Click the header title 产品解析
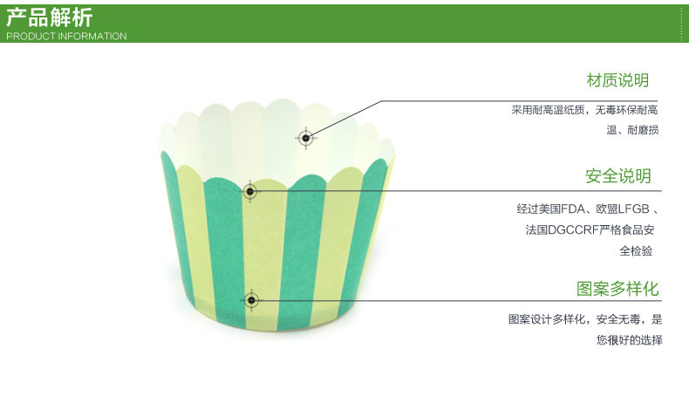(50, 17)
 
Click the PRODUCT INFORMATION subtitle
(66, 37)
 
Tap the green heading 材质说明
(617, 80)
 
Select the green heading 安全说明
(617, 176)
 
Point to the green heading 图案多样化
(617, 289)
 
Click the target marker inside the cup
(305, 137)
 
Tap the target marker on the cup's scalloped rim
(250, 191)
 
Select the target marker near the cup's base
(251, 301)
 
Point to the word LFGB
(634, 209)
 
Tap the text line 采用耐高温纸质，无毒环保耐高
(584, 111)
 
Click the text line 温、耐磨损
(632, 131)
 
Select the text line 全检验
(636, 251)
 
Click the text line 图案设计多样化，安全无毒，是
(585, 319)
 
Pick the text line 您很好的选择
(629, 340)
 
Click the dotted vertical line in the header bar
(682, 21)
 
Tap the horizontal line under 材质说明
(523, 100)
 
